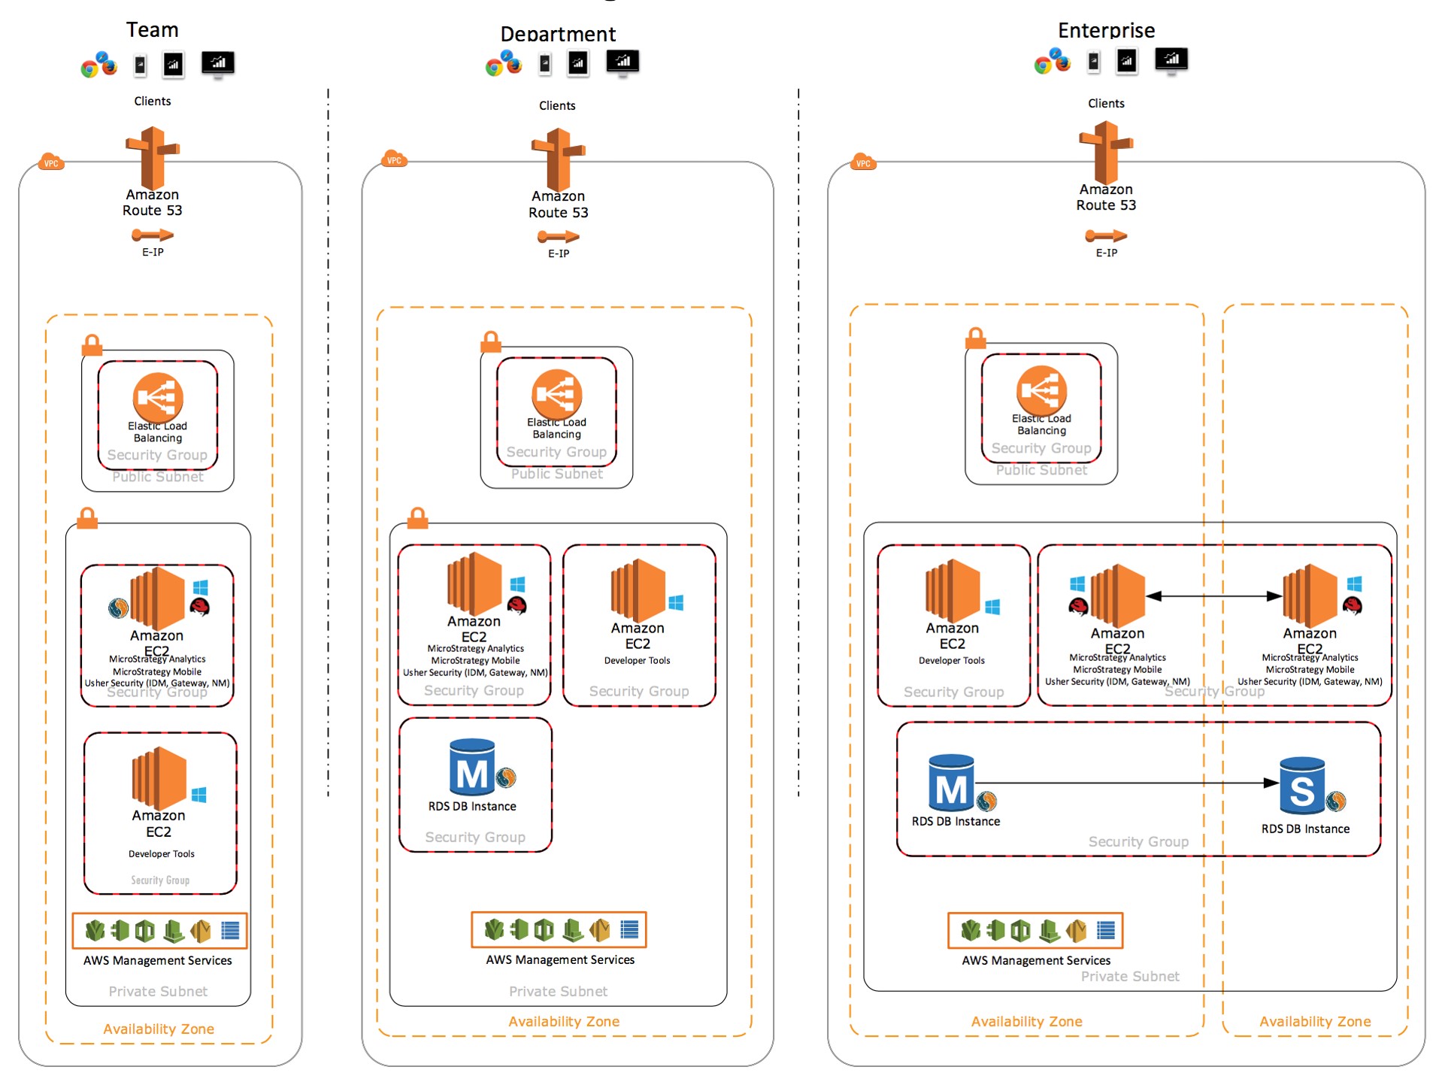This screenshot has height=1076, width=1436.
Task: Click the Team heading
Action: [152, 30]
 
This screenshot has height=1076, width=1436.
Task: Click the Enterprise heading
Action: [1105, 31]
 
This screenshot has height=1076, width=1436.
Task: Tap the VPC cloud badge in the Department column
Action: [393, 159]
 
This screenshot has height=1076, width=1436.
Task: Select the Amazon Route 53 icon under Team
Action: [153, 158]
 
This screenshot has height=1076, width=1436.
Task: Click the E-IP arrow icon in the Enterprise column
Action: [1105, 236]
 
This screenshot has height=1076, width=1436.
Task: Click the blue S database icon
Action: [1301, 786]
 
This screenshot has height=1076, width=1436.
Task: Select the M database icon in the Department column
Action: [472, 768]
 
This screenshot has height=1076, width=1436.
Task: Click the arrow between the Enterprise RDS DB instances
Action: [1128, 783]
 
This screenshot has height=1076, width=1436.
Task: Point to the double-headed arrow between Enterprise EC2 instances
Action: [1213, 596]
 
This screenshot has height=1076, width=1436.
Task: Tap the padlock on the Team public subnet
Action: [92, 345]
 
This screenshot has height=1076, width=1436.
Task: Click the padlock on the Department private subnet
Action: [417, 518]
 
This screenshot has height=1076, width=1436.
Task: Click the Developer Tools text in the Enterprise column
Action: [951, 660]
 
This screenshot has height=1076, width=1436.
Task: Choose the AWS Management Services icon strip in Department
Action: [558, 930]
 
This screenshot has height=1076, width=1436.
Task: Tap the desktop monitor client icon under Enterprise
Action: [1171, 59]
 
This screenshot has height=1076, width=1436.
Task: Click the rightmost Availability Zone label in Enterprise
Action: [1314, 1021]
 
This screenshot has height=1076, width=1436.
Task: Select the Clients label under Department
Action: [556, 106]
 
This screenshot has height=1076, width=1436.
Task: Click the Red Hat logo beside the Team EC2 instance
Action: [199, 608]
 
